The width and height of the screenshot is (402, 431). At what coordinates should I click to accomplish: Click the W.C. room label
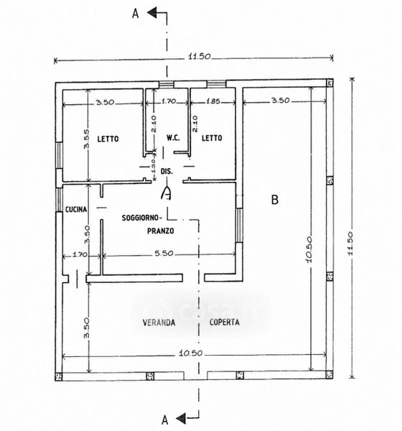(x=173, y=138)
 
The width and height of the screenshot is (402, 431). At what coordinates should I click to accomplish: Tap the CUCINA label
(x=76, y=209)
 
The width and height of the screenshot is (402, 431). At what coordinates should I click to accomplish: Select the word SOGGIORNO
(x=141, y=218)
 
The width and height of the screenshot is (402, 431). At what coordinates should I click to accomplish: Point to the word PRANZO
(x=161, y=231)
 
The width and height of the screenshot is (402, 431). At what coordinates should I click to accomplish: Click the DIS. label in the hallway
(x=167, y=171)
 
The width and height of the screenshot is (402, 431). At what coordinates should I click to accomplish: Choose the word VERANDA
(x=159, y=322)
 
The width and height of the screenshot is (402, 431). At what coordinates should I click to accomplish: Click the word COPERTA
(x=224, y=322)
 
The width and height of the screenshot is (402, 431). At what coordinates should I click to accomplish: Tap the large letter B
(x=275, y=200)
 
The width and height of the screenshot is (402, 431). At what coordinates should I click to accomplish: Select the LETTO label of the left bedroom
(x=108, y=139)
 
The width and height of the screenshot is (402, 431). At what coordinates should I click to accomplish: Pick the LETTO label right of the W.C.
(x=212, y=138)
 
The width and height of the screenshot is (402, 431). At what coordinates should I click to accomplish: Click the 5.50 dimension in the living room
(x=164, y=253)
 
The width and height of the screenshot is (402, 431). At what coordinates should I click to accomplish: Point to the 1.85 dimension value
(x=213, y=101)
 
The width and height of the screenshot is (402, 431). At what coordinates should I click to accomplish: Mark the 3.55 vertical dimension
(x=87, y=139)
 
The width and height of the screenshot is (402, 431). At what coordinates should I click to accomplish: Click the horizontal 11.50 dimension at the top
(x=200, y=56)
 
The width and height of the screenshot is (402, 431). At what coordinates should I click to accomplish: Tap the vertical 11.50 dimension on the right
(x=350, y=244)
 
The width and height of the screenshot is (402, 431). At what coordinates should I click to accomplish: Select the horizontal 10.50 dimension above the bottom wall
(x=190, y=353)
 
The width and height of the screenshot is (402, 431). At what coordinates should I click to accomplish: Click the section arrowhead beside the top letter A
(x=151, y=13)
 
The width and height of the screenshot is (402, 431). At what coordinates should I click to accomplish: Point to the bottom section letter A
(x=164, y=420)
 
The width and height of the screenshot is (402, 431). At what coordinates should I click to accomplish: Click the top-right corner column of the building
(x=329, y=83)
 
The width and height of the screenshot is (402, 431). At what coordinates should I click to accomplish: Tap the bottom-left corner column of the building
(x=59, y=376)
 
